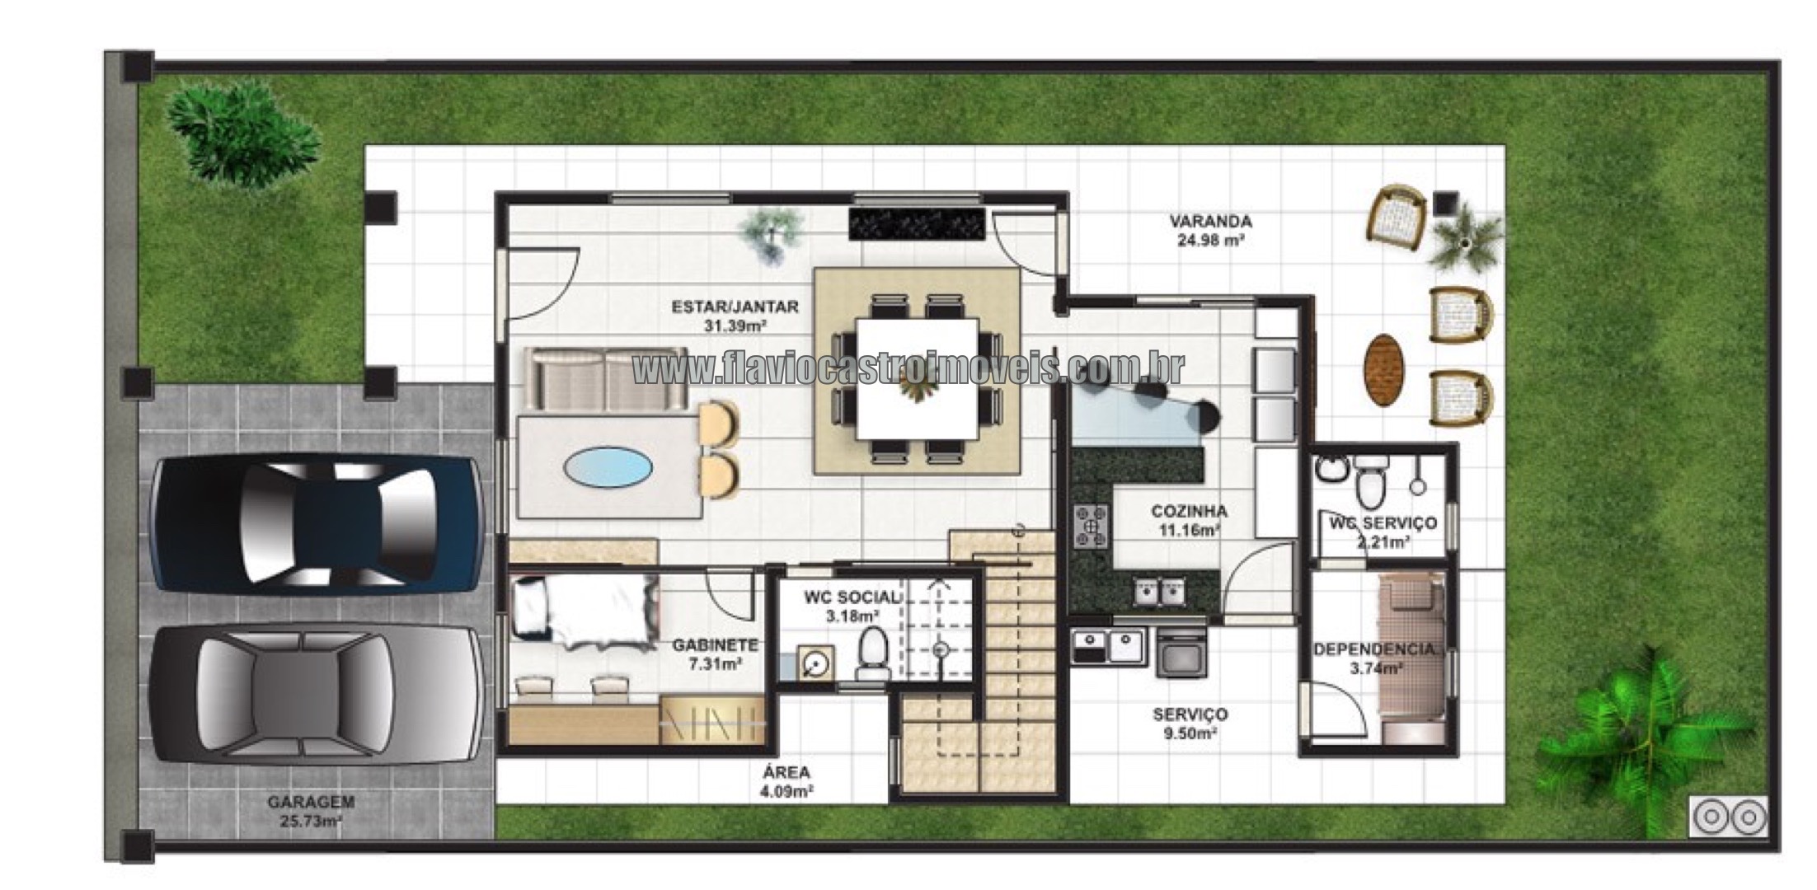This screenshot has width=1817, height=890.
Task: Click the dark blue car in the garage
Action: (x=317, y=525)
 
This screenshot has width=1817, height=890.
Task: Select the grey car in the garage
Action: (x=317, y=695)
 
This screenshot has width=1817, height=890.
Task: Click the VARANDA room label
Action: (x=1210, y=221)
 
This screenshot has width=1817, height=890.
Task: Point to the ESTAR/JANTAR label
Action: (x=735, y=307)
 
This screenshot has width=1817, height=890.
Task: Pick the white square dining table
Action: (x=918, y=378)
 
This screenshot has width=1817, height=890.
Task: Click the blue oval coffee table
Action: (x=608, y=468)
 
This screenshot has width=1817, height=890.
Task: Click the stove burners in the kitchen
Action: (x=1092, y=527)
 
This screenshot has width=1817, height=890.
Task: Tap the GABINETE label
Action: (x=715, y=645)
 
